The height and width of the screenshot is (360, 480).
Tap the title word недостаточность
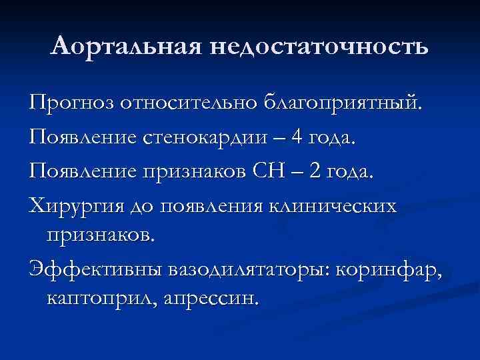pos(319,47)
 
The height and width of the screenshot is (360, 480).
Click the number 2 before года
pos(314,172)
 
